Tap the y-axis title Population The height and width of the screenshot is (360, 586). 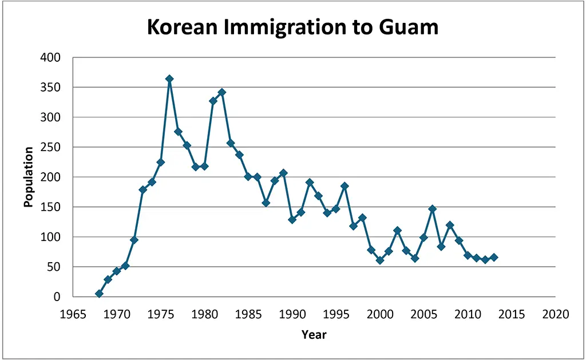28,177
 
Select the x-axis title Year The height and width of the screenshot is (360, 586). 314,335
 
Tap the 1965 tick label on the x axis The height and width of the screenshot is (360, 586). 73,314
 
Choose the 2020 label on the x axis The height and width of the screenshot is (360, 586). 555,314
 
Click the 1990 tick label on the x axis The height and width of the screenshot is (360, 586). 292,314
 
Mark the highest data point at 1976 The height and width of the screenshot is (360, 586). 169,79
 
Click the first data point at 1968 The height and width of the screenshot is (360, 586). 99,294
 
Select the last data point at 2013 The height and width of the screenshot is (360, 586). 494,258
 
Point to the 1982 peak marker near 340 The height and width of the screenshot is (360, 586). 222,92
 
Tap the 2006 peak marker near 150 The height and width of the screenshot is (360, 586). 433,209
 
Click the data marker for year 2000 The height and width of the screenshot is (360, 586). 380,260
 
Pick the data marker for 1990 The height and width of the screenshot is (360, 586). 292,220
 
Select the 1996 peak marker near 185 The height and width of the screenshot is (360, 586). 345,186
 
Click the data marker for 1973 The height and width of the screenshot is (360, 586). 143,189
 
